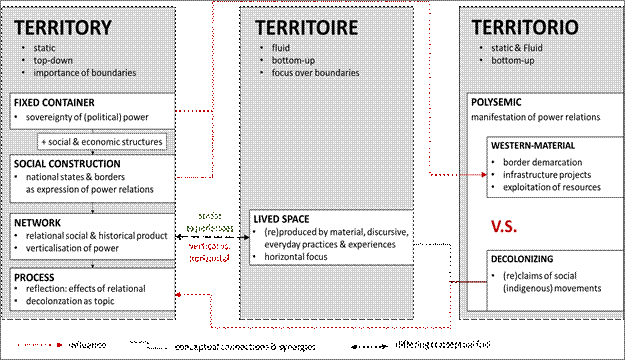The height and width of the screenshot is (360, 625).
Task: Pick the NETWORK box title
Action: point(38,221)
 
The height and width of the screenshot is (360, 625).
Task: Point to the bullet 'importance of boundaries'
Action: point(83,72)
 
